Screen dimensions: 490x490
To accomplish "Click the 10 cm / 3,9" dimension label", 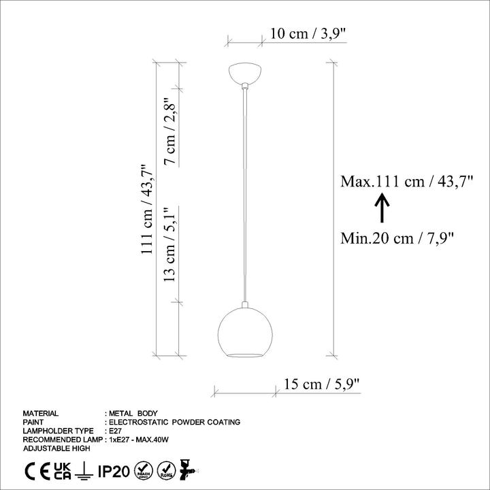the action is click(308, 33).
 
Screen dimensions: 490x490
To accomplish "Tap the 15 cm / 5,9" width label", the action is click(322, 384).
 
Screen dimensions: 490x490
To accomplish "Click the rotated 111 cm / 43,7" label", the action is click(147, 210).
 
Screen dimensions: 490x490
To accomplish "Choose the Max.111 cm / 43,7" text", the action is click(407, 181).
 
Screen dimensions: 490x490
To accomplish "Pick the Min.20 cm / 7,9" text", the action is click(397, 238).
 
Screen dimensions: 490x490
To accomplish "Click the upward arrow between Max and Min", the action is click(382, 208).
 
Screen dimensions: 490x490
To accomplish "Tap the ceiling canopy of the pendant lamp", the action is click(245, 74).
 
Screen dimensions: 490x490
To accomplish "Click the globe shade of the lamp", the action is click(245, 332).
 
